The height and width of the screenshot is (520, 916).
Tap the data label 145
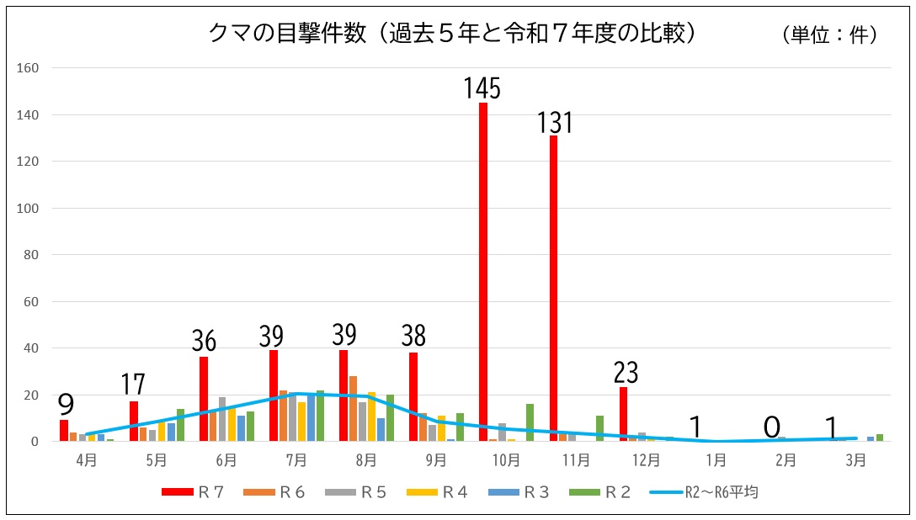coord(482,88)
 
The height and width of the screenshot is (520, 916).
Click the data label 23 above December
coord(626,372)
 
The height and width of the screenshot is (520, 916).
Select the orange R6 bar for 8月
coord(354,408)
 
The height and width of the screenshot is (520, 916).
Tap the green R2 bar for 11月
coord(599,428)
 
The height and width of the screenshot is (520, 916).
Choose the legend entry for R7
coord(193,492)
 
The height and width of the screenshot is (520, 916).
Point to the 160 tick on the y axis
coord(29,68)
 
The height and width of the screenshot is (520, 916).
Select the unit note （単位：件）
coord(829,34)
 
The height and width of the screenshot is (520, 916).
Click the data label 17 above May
coord(134,385)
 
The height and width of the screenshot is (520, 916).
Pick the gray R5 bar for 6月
coord(222,419)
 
